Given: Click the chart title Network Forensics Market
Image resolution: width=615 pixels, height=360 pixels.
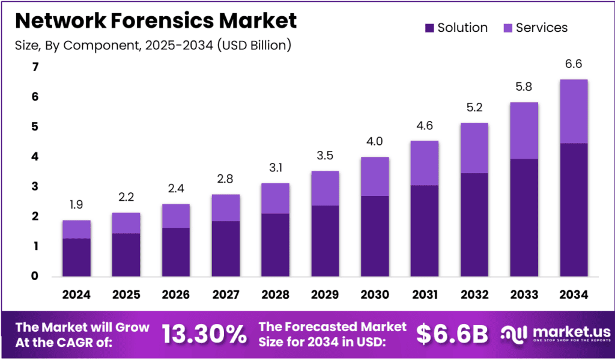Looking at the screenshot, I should click(156, 20).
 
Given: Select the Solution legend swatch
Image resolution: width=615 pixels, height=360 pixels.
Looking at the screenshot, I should click(429, 28).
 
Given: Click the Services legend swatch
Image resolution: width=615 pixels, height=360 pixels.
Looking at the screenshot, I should click(506, 28).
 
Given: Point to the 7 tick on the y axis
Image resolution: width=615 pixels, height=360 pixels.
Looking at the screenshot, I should click(35, 67).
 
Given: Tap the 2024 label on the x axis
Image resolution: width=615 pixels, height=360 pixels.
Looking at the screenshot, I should click(76, 294).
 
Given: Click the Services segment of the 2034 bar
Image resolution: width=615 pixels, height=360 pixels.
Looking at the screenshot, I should click(574, 111).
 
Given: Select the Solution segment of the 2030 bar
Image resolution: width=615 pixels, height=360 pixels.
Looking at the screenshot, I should click(375, 236).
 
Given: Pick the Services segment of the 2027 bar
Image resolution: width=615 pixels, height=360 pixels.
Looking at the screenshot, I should click(226, 208).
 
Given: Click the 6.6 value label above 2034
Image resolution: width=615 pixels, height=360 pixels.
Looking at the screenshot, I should click(574, 64).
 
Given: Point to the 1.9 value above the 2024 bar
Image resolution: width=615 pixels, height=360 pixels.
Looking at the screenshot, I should click(76, 205).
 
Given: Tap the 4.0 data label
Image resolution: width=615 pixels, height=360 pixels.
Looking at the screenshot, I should click(375, 142).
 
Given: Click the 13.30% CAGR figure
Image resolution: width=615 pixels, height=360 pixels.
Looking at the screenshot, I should click(204, 334).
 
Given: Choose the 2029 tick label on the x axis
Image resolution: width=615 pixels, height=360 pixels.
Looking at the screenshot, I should click(325, 294).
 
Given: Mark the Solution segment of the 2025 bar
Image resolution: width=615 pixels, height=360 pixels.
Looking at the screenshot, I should click(126, 255).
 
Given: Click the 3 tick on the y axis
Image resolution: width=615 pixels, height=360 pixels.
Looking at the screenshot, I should click(35, 186).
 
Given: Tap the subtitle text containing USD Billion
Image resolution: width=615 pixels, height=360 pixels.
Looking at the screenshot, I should click(153, 45).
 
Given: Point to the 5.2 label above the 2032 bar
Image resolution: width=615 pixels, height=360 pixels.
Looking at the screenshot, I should click(474, 108).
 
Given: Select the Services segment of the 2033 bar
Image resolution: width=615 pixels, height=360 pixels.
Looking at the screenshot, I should click(524, 130).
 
